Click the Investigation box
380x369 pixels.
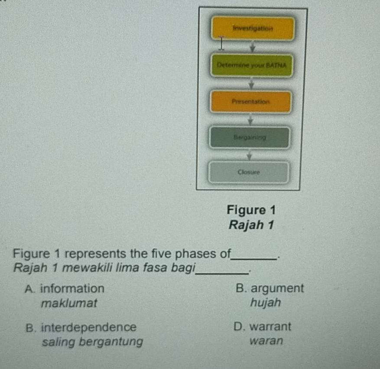pos(253,28)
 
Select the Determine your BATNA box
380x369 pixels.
pos(252,65)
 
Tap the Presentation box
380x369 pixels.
pos(250,102)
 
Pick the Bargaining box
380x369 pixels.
pos(249,137)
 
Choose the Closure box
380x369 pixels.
pos(248,172)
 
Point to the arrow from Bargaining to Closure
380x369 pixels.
pos(249,155)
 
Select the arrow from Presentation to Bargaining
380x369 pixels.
pos(250,120)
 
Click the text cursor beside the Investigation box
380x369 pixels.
pos(221,43)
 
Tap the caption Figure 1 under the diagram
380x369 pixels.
pos(251,210)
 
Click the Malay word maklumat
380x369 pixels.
pos(69,303)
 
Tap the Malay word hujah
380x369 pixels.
pos(266,303)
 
